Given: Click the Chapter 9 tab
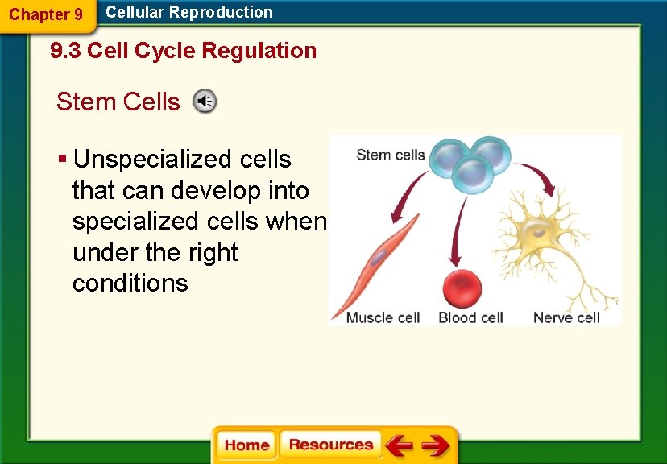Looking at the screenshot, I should tap(46, 14).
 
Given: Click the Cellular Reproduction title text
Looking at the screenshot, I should tap(189, 12).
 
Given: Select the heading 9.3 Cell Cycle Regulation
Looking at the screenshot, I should tap(184, 51).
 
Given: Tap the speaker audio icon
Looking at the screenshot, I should tap(205, 101).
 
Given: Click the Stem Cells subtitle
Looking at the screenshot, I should tap(118, 101).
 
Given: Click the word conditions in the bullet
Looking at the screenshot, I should tap(130, 284).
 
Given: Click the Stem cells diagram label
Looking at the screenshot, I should tap(390, 155).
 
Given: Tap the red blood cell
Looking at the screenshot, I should tap(462, 289).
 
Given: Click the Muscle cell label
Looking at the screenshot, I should tap(383, 317).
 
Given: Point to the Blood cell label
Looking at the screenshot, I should tap(470, 317).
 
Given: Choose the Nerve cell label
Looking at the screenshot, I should tap(566, 317).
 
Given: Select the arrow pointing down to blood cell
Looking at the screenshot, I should tap(459, 230).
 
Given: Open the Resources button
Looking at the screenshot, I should tap(330, 445).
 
